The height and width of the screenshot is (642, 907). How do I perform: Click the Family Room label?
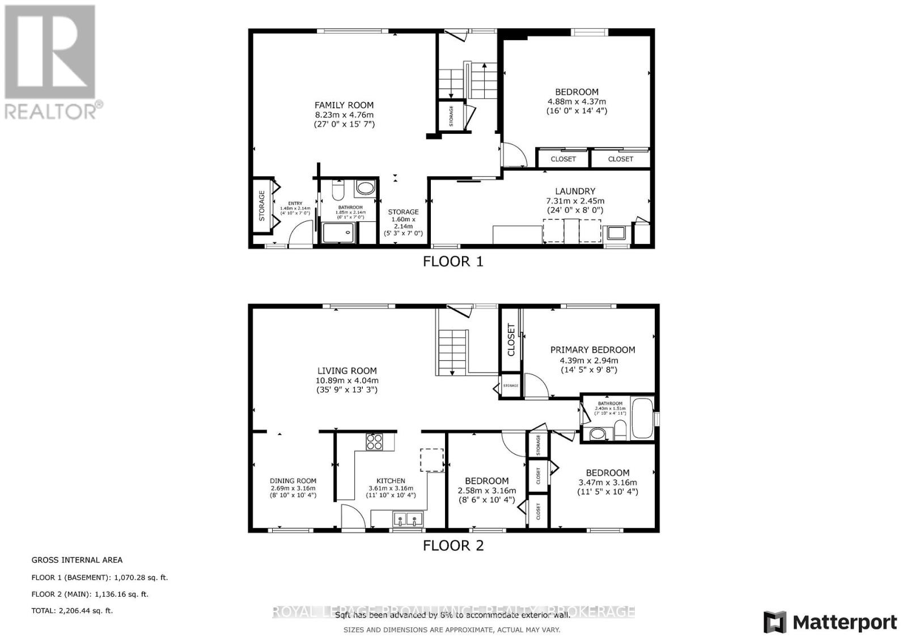(x=344, y=105)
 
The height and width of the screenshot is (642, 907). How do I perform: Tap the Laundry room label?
(x=575, y=191)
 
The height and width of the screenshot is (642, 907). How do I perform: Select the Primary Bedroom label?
(x=592, y=350)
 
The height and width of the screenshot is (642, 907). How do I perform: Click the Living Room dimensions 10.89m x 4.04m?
(x=347, y=381)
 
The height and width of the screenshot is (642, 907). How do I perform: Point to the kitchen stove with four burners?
(x=374, y=441)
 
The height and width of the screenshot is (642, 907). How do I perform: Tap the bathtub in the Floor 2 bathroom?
(x=642, y=418)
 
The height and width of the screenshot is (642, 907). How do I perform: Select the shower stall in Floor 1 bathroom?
(x=338, y=233)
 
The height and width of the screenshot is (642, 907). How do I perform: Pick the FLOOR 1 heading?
(x=453, y=261)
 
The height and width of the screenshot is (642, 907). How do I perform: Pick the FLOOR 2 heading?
(x=453, y=546)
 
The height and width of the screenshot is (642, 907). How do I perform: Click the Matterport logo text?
(x=845, y=622)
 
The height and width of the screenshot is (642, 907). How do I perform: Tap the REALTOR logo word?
(x=51, y=111)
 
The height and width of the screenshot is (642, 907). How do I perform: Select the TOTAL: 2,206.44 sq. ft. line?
(x=72, y=611)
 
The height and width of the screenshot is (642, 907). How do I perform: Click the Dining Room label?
(x=293, y=481)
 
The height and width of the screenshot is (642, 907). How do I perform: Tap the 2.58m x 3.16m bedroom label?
(x=486, y=491)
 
